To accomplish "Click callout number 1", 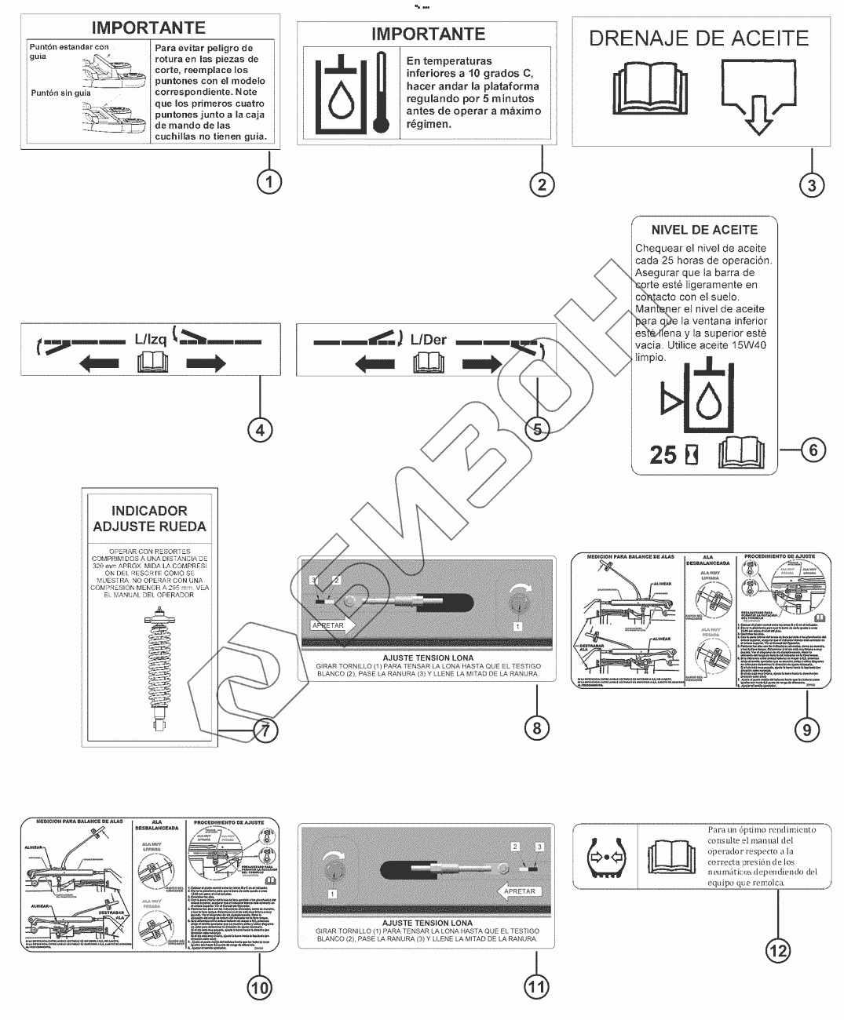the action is click(x=269, y=182).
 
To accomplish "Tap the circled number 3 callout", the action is click(x=812, y=185).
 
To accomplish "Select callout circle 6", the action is click(x=813, y=450).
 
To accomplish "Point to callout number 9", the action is click(x=806, y=729).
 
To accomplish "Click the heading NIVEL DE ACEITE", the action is click(x=704, y=230).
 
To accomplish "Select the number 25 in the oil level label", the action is click(x=663, y=454).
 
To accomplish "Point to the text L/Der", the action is click(x=429, y=339).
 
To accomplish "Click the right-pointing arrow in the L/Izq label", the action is click(x=206, y=362).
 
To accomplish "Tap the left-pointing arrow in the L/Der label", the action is click(x=375, y=362).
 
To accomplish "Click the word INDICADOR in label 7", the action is click(x=149, y=511).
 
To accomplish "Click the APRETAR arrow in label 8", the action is click(x=333, y=625).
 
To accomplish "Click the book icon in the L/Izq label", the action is click(x=152, y=362).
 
